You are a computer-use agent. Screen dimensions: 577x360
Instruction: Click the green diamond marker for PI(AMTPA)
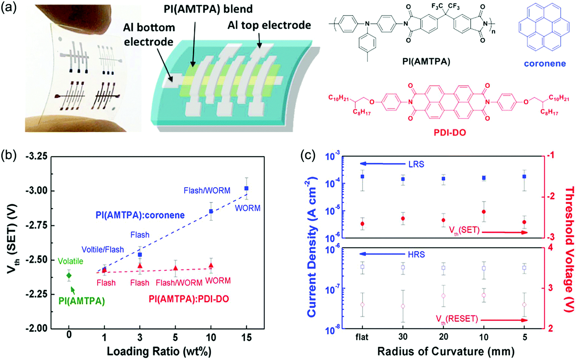click(69, 276)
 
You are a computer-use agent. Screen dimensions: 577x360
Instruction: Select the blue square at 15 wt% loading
click(246, 188)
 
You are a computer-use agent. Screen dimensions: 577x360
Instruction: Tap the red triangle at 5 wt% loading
click(175, 268)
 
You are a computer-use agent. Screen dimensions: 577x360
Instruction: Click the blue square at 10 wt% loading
click(211, 211)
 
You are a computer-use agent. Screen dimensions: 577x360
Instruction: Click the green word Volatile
click(70, 261)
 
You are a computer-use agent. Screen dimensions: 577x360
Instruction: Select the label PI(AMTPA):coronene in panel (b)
click(140, 215)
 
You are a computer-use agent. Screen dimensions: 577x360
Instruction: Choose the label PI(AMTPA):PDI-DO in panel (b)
click(189, 299)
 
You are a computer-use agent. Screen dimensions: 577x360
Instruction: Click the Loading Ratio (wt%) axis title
click(159, 352)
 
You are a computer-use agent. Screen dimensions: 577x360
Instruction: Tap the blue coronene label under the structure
click(545, 63)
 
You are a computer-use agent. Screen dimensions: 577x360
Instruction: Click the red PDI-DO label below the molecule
click(450, 133)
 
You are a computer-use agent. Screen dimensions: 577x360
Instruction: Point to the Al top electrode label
click(269, 25)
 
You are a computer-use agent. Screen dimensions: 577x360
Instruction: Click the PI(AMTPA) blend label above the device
click(208, 9)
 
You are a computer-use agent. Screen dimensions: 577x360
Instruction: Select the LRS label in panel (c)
click(416, 164)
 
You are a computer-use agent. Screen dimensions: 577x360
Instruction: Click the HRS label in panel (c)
click(416, 254)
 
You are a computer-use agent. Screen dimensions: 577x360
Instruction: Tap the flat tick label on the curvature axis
click(362, 337)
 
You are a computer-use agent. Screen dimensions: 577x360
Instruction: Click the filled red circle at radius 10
click(484, 211)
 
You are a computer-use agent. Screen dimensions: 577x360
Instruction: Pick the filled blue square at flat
click(362, 177)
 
